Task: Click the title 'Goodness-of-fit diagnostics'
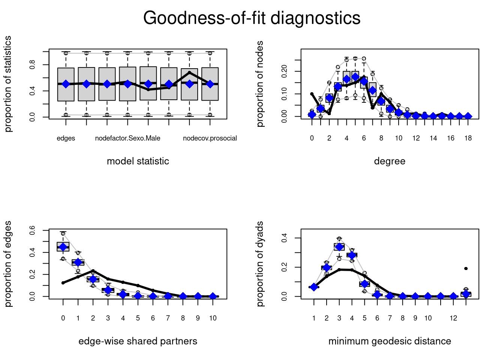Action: point(252,18)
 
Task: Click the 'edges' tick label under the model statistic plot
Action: point(66,138)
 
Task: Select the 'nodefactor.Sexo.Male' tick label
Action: point(127,138)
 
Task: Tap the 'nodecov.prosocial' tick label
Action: point(210,138)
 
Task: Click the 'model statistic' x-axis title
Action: point(138,161)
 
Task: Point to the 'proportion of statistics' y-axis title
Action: point(8,84)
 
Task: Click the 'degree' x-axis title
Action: point(390,161)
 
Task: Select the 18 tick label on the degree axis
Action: point(468,138)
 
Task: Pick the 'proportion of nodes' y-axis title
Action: point(260,84)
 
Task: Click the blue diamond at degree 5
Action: point(355,77)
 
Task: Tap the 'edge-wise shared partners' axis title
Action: point(138,341)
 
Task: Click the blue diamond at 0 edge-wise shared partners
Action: point(63,247)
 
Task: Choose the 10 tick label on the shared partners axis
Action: point(213,318)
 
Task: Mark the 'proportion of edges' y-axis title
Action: point(8,264)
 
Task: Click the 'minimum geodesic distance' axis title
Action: point(390,341)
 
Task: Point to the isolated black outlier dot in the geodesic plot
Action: point(466,268)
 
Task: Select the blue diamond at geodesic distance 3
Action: point(339,247)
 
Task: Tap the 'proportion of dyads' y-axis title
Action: point(260,264)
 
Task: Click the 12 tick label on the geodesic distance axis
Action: point(453,318)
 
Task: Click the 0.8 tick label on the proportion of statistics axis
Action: point(32,65)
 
